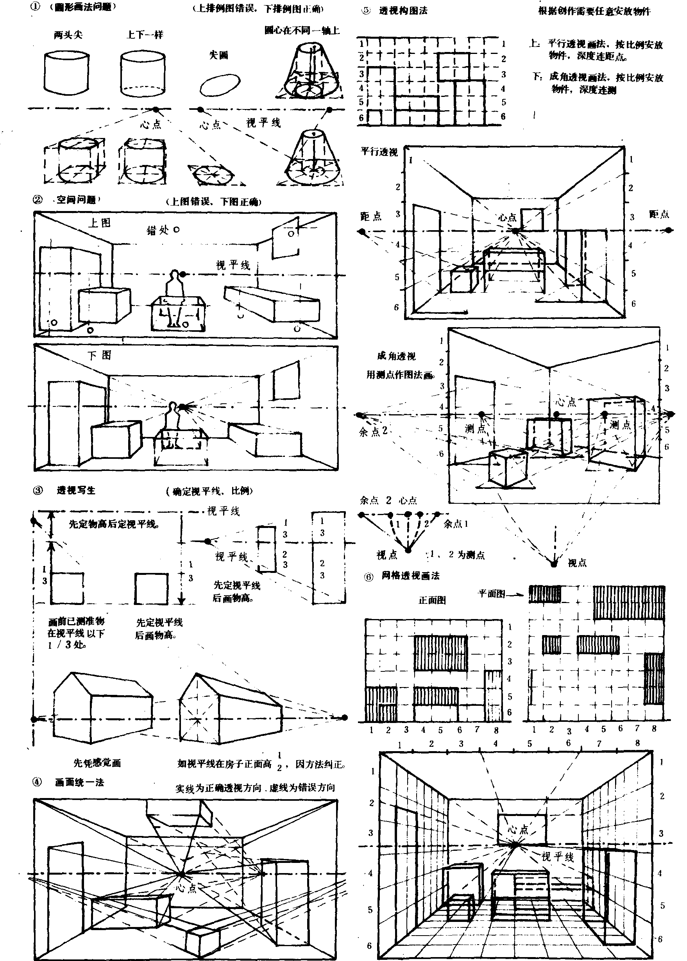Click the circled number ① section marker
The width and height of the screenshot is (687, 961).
coord(36,7)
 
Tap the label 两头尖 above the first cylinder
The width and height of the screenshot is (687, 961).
coord(68,35)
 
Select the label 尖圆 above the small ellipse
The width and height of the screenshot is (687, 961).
coord(219,55)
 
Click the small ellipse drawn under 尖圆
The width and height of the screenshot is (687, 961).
coord(220,84)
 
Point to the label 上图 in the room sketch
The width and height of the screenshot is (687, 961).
coord(99,223)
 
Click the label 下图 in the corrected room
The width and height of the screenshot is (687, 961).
coord(100,355)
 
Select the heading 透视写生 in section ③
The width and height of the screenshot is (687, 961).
coord(76,490)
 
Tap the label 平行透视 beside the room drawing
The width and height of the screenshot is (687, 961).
coord(379,152)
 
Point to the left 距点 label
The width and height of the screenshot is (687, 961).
coord(371,217)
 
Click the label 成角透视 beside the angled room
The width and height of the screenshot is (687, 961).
coord(396,356)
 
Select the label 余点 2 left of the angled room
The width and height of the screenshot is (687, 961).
coord(373,431)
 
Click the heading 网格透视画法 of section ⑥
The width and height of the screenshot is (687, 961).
coord(410,576)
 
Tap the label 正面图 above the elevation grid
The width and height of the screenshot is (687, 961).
coord(432,600)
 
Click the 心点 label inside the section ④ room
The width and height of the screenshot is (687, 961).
coord(186,888)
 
